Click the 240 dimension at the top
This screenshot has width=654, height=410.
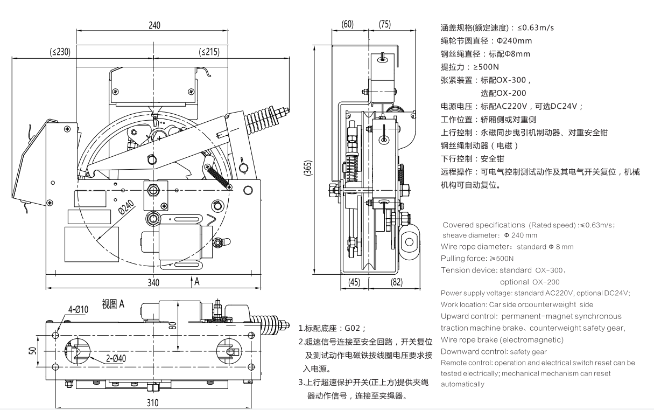[x=154, y=25]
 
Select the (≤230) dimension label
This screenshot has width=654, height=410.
[x=60, y=52]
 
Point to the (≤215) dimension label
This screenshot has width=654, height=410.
[x=209, y=52]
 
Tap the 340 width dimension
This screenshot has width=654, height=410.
[x=153, y=283]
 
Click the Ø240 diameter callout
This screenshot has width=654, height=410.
[x=126, y=207]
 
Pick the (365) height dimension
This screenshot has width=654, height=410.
[x=308, y=168]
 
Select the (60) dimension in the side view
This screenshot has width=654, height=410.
[x=347, y=24]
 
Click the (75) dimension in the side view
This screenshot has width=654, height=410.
[x=385, y=24]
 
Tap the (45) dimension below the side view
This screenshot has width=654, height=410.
[x=354, y=282]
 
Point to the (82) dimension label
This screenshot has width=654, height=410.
[x=397, y=282]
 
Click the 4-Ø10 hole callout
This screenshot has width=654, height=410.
[x=78, y=309]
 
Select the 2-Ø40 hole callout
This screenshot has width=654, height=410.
[x=116, y=358]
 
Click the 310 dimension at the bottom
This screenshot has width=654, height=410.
[x=152, y=403]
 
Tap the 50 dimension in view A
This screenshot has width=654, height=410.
[x=33, y=351]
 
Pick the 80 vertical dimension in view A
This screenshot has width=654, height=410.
[x=173, y=325]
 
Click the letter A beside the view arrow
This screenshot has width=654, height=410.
[x=197, y=282]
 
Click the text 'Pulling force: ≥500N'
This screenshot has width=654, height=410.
[x=477, y=258]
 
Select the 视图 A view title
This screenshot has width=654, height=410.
[x=113, y=304]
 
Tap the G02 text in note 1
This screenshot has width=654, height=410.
[x=352, y=328]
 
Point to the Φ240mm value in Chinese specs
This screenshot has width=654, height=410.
[x=515, y=40]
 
